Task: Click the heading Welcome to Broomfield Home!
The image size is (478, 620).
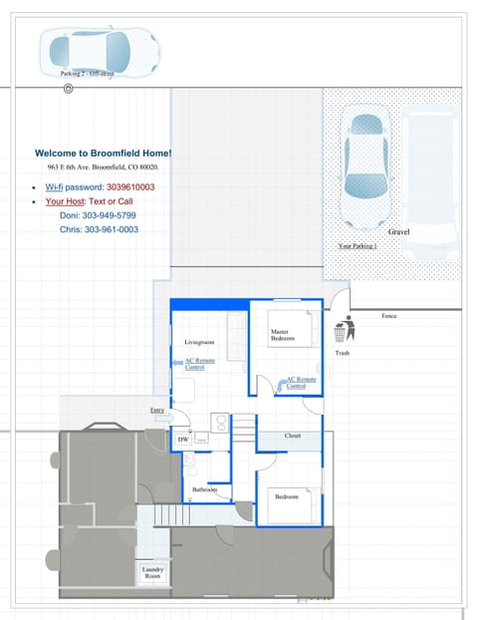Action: point(103,153)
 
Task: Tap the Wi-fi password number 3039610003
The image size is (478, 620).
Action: point(129,187)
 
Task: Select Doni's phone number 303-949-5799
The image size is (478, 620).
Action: point(98,215)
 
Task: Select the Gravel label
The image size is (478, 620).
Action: point(398,231)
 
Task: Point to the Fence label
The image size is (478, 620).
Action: point(389,316)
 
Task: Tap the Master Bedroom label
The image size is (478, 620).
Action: point(283,335)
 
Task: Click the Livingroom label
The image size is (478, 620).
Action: point(200,342)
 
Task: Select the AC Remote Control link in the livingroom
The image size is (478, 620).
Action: point(199,364)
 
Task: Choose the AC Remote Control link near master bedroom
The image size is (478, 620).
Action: point(302,382)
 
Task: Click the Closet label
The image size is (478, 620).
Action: point(292,436)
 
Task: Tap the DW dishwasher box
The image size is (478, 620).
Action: point(183,439)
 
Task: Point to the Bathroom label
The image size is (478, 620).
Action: point(205,489)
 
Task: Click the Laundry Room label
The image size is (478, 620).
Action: point(152,572)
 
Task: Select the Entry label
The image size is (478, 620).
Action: point(157,410)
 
